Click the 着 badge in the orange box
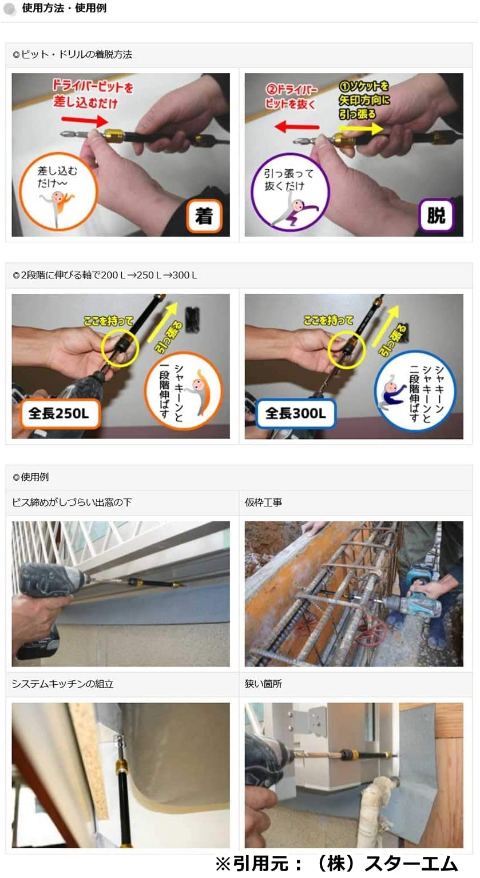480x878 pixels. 204,215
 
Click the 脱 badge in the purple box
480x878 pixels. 436,215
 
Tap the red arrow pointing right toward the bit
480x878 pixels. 85,121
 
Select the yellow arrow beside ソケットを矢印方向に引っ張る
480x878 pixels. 360,128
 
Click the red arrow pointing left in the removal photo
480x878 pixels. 296,126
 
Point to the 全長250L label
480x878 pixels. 58,413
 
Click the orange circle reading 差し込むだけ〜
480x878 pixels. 58,190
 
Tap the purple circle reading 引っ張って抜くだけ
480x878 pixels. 290,191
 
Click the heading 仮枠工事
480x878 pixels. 263,502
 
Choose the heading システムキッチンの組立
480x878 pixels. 63,684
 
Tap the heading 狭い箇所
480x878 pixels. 263,684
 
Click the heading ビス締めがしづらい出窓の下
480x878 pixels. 72,502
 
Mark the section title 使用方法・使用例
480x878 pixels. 64,8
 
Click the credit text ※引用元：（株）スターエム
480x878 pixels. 336,864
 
